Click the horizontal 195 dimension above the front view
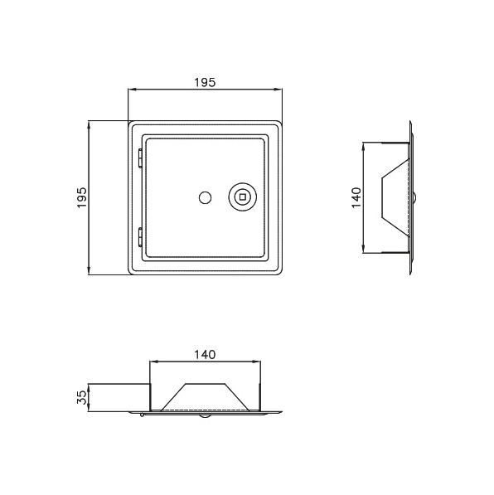(205, 82)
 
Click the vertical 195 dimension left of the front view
(82, 197)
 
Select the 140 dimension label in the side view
(356, 197)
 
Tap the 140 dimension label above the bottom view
(205, 355)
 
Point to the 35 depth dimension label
(82, 397)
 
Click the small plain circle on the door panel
(206, 197)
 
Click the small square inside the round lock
(242, 197)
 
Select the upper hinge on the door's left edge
(140, 158)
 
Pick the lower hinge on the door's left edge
(140, 236)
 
